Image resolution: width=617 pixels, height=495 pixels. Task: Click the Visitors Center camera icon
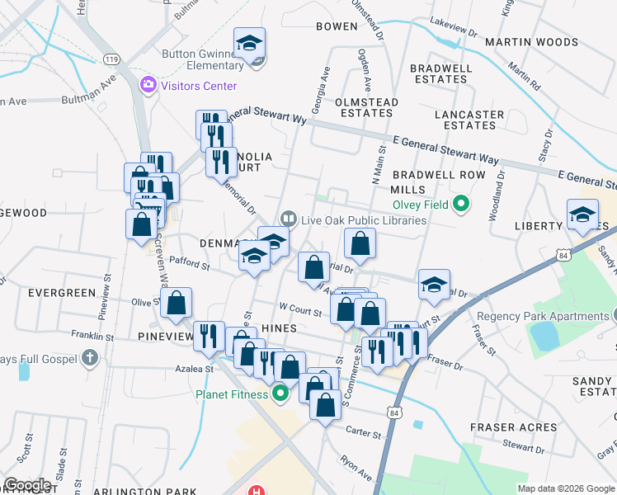tap(148, 84)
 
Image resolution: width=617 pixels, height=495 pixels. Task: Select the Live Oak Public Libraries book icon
tap(288, 219)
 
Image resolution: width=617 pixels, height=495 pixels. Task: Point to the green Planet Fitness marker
tap(280, 394)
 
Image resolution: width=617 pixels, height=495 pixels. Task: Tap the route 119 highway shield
tap(111, 59)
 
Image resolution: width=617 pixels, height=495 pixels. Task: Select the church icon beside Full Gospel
tap(91, 358)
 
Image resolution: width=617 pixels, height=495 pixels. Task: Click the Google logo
tap(28, 484)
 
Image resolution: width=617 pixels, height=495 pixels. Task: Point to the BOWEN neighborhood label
tap(337, 26)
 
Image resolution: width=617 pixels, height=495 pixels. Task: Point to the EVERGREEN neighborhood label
tap(62, 293)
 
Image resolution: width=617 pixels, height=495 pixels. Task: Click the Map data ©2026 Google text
tap(565, 488)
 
